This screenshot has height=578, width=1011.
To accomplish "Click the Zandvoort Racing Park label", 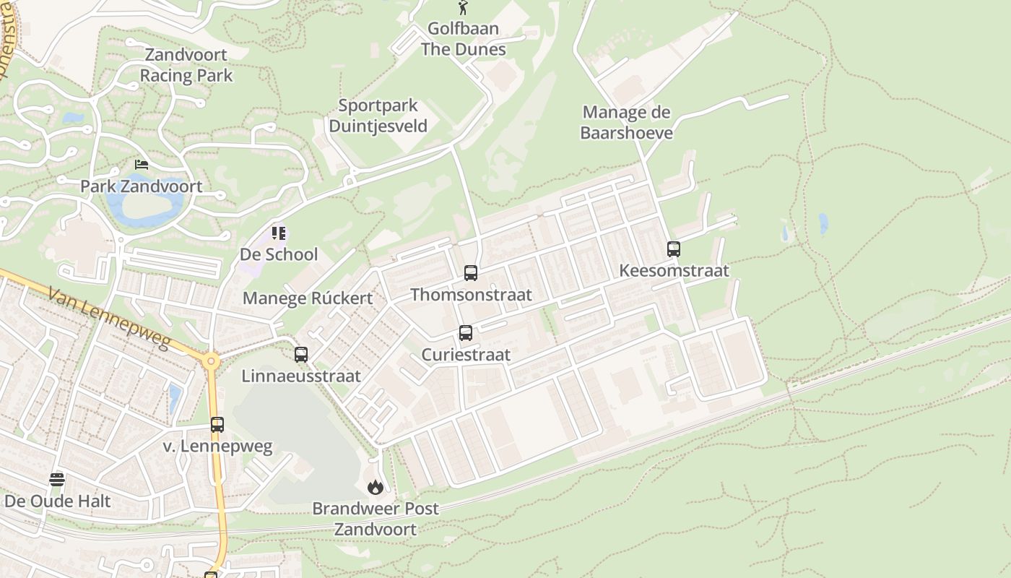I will click(186, 65).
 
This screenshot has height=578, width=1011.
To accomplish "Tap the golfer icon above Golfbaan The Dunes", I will click(463, 8).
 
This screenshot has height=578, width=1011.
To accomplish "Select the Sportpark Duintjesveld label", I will click(378, 116).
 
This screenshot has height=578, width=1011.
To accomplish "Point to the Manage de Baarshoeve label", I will click(626, 122).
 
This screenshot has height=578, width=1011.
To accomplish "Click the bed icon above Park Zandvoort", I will click(142, 165).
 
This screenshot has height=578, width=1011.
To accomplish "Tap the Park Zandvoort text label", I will click(141, 186).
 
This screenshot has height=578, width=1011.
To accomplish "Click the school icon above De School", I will click(279, 233).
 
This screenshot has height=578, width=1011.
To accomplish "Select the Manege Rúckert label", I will click(308, 298).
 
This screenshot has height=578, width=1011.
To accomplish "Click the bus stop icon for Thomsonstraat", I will click(471, 273).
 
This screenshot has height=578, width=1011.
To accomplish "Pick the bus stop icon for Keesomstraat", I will click(674, 249).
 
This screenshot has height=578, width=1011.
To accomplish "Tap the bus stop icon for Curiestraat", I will click(466, 333).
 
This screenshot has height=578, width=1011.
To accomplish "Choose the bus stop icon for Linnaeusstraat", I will click(301, 355).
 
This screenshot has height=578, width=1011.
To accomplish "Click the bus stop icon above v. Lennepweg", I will click(217, 425).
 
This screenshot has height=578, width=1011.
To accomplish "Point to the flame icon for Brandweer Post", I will click(375, 488).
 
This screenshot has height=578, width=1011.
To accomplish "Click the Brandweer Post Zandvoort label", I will click(375, 519).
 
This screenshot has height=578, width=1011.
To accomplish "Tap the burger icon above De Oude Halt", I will click(57, 479).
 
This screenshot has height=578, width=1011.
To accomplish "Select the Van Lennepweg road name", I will click(109, 317).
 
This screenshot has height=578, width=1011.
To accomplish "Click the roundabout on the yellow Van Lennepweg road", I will click(211, 361).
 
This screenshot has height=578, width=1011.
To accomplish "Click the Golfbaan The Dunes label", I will click(463, 39).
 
